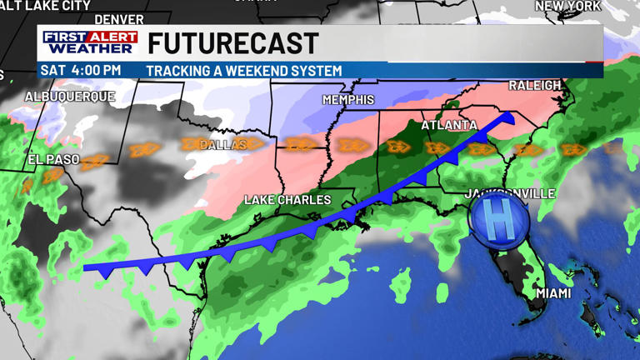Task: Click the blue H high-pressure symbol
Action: [498, 222]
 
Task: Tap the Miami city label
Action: [553, 293]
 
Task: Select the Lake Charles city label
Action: [287, 200]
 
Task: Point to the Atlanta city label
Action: [449, 126]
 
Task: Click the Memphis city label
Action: [348, 100]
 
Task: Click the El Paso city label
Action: [53, 159]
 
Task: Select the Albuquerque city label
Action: [70, 97]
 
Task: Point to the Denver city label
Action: [118, 19]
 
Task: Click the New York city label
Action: [567, 6]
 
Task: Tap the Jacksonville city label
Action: [509, 194]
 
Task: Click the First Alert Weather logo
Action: [90, 42]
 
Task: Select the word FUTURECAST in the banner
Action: [233, 43]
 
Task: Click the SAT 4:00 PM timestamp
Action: [81, 71]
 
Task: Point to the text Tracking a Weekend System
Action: [243, 71]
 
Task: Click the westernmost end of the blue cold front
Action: [86, 268]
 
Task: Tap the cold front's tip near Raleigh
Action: [509, 117]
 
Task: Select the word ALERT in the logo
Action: [112, 37]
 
